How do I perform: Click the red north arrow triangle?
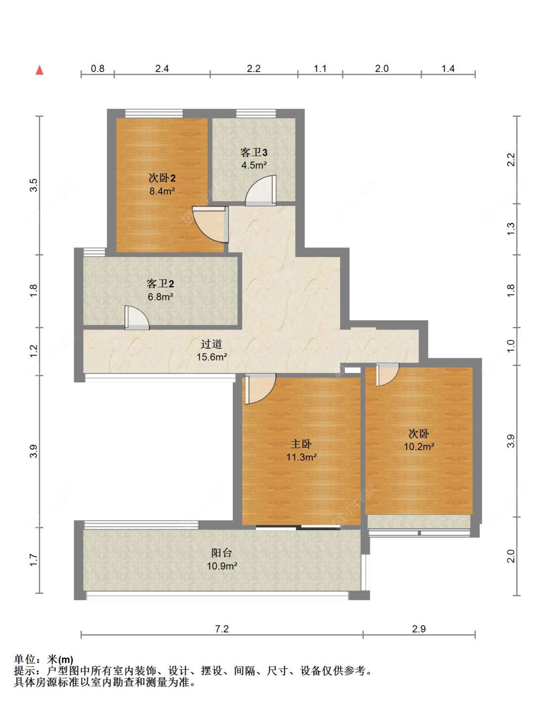(x=40, y=70)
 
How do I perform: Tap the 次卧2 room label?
(x=162, y=178)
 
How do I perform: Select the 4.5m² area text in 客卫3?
(x=254, y=166)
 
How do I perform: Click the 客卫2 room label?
(x=160, y=284)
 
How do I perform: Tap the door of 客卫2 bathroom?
(x=136, y=318)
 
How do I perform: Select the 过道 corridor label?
(x=212, y=344)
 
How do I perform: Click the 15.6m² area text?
(x=212, y=357)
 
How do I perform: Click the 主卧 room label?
(x=301, y=444)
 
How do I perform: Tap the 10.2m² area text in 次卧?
(x=419, y=447)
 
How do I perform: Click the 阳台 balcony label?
(x=221, y=553)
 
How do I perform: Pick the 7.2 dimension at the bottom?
(x=222, y=629)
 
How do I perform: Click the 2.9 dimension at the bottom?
(x=419, y=629)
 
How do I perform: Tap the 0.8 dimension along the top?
(x=97, y=69)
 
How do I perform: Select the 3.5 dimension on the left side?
(x=33, y=185)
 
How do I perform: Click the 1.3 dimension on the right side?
(x=511, y=229)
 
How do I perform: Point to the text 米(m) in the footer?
(x=60, y=660)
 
